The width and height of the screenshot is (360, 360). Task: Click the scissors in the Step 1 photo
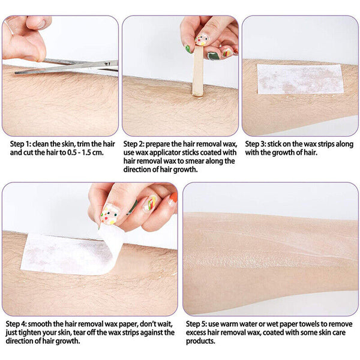(66, 67)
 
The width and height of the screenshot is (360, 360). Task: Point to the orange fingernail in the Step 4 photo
(172, 197)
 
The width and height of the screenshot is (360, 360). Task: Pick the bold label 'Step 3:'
(258, 145)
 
